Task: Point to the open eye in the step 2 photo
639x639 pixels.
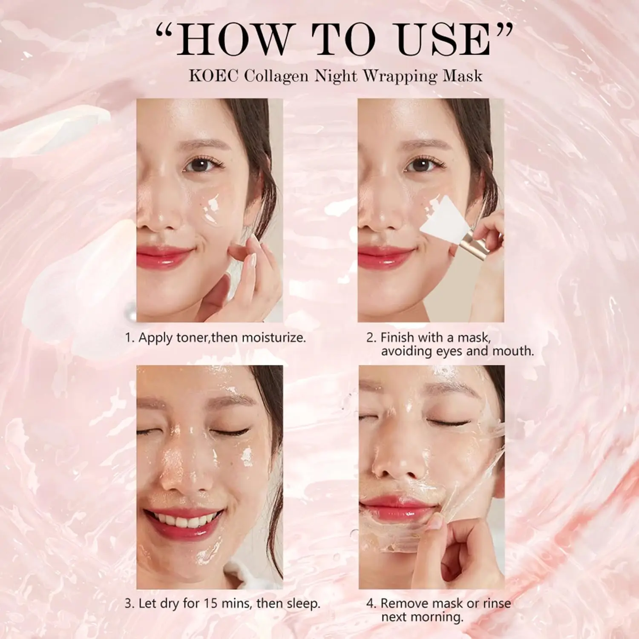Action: tap(422, 165)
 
